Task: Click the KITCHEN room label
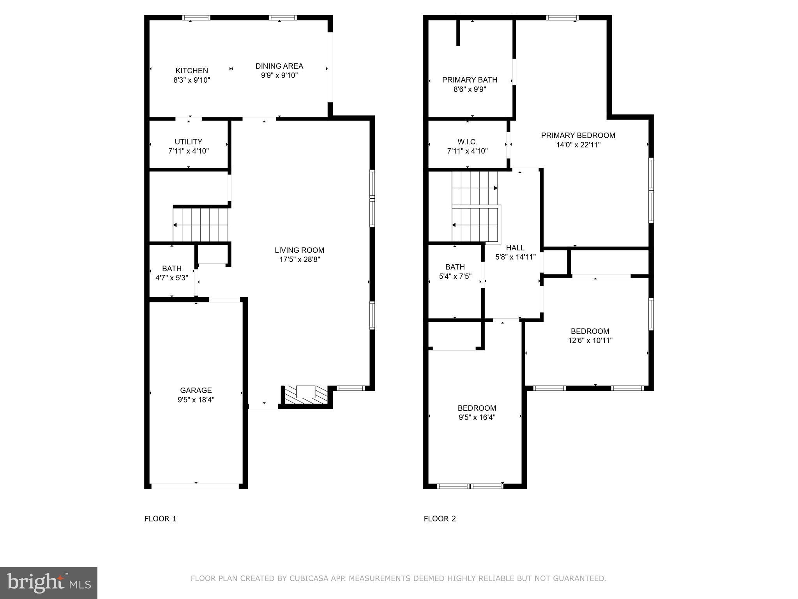pyautogui.click(x=192, y=71)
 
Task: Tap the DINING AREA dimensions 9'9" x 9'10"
pyautogui.click(x=279, y=75)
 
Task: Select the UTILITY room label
pyautogui.click(x=188, y=142)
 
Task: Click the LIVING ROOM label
pyautogui.click(x=299, y=250)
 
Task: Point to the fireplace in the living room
pyautogui.click(x=306, y=395)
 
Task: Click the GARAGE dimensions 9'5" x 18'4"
pyautogui.click(x=196, y=400)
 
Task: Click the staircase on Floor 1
pyautogui.click(x=201, y=225)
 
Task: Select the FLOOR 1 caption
pyautogui.click(x=161, y=519)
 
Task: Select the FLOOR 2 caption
pyautogui.click(x=440, y=519)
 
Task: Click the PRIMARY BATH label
pyautogui.click(x=470, y=80)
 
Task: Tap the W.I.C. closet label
pyautogui.click(x=467, y=142)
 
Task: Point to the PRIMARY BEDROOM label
pyautogui.click(x=578, y=135)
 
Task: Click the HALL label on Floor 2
pyautogui.click(x=515, y=248)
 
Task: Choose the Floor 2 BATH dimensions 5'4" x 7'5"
pyautogui.click(x=455, y=276)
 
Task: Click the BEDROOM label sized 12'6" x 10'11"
pyautogui.click(x=590, y=331)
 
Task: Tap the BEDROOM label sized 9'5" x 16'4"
pyautogui.click(x=477, y=408)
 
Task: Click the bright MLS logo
pyautogui.click(x=49, y=583)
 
